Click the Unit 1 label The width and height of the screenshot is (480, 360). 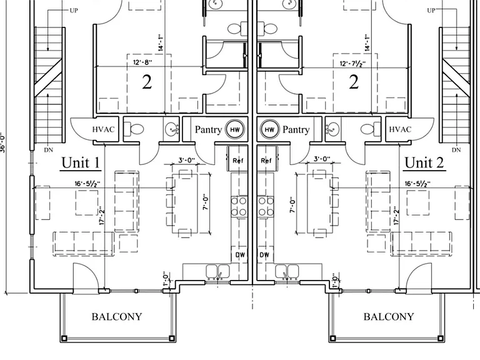click(81, 162)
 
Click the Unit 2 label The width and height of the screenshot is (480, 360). click(424, 162)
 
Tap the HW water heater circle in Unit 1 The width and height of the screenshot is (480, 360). click(235, 129)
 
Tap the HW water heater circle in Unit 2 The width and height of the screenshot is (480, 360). click(269, 129)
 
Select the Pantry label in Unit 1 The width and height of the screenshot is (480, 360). click(208, 129)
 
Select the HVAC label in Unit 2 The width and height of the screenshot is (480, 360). click(400, 129)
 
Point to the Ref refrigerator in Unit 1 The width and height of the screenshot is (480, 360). click(237, 159)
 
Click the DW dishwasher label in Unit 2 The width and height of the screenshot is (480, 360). click(264, 255)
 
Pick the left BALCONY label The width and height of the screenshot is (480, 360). click(117, 316)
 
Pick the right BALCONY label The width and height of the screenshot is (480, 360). click(389, 316)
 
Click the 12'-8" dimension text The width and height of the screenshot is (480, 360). click(142, 62)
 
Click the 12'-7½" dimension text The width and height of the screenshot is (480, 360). click(352, 64)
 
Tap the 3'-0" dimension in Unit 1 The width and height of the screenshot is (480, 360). click(187, 160)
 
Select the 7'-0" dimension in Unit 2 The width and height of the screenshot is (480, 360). click(293, 205)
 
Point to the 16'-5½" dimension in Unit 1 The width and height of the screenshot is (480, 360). click(87, 184)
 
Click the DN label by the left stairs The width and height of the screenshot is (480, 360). click(48, 150)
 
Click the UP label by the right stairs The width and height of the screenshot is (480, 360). click(431, 11)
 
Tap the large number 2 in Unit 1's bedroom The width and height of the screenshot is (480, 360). click(147, 82)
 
